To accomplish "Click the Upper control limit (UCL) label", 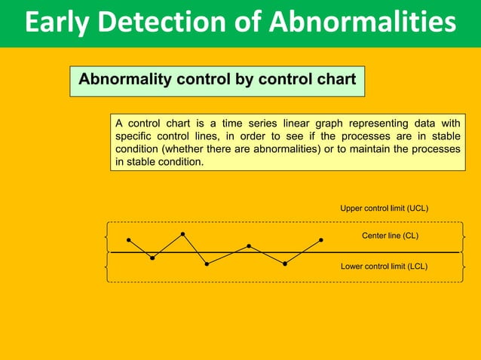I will (x=384, y=208).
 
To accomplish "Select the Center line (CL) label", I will (x=390, y=236).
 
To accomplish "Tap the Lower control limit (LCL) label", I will (x=384, y=266).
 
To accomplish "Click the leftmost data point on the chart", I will (x=129, y=240).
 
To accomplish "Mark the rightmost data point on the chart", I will (x=321, y=240).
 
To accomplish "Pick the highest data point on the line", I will (x=183, y=234).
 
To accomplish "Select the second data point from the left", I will (x=152, y=258).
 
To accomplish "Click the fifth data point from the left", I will (x=249, y=246).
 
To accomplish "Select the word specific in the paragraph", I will (x=133, y=136).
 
